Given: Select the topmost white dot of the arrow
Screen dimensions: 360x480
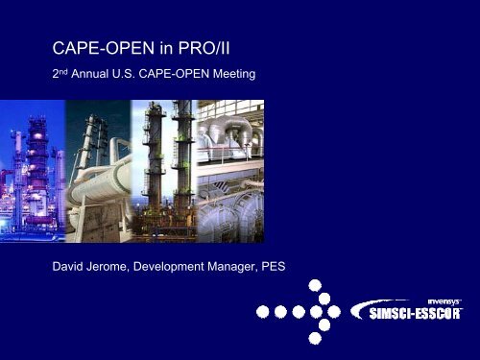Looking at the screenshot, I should [x=315, y=285].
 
